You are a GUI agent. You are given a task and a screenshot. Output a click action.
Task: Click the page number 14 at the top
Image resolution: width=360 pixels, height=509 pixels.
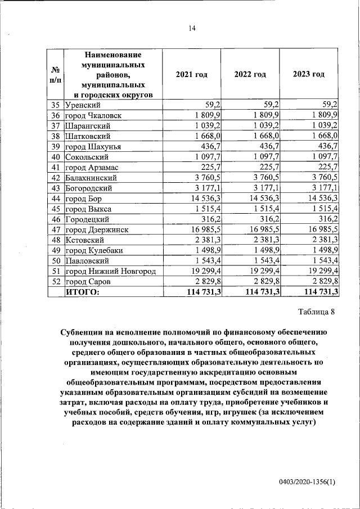(191, 29)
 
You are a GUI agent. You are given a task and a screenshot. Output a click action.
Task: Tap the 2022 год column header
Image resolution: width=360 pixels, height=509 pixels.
(250, 75)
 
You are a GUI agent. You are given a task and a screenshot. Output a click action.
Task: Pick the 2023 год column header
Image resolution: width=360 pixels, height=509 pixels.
(309, 75)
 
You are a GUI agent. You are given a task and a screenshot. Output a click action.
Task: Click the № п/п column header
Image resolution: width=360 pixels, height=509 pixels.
(56, 75)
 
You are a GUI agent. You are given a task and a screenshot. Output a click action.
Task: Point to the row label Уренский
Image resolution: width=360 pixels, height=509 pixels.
(83, 104)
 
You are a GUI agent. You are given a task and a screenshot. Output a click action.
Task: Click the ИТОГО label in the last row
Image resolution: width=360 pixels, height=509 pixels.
(83, 292)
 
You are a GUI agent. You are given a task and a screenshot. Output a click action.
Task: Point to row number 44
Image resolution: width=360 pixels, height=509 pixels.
(55, 199)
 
